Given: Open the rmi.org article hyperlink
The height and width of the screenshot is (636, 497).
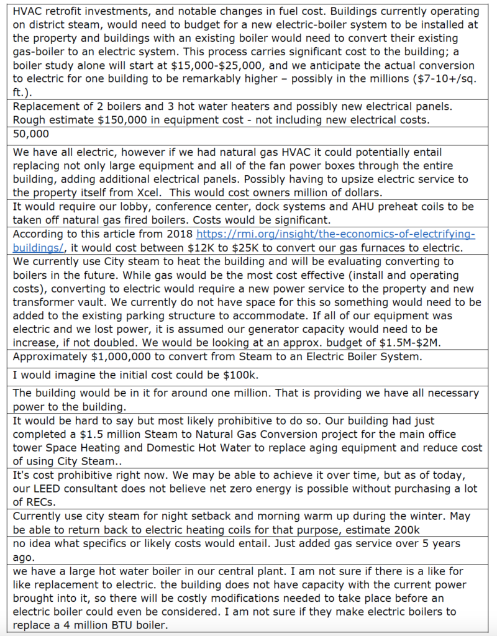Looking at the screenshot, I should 335,234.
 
